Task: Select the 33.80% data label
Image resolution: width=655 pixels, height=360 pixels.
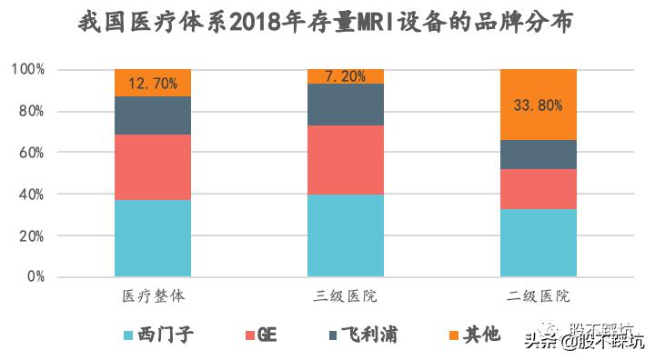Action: [x=538, y=105]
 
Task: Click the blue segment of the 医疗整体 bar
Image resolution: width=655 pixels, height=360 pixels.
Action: [x=153, y=237]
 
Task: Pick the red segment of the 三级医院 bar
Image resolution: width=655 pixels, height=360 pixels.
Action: [x=345, y=159]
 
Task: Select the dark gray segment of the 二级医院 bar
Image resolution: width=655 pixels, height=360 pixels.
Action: [x=538, y=155]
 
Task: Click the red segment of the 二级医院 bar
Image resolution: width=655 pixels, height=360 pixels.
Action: [x=538, y=189]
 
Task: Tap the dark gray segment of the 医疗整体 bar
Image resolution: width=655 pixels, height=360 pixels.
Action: [x=153, y=115]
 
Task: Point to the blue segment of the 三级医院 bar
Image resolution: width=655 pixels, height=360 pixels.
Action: [x=345, y=235]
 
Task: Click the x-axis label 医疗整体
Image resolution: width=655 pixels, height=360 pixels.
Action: [x=153, y=296]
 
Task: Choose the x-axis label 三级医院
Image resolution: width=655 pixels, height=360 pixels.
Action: [x=345, y=296]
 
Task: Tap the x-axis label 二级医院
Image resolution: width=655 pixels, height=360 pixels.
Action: [x=538, y=296]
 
